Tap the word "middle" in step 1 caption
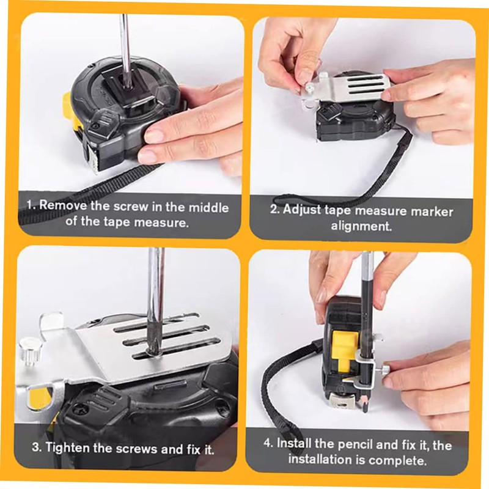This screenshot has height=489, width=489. [209, 207]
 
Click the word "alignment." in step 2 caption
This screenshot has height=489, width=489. [361, 226]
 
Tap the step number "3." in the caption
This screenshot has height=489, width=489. [37, 447]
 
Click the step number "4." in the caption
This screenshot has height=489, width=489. [269, 443]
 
